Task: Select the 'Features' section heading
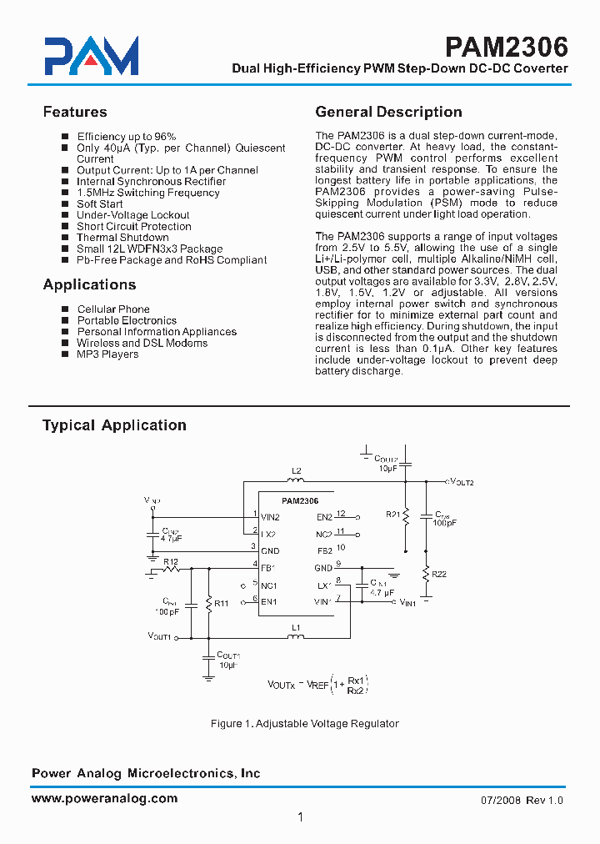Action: coord(75,112)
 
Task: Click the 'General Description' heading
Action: coord(388,112)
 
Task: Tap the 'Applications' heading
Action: coord(89,284)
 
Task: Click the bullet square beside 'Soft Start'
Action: coord(64,204)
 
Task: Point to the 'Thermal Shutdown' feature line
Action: coord(122,238)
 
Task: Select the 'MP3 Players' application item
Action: coord(107,354)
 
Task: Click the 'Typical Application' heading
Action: coord(114,425)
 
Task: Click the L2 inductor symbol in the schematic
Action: coord(296,480)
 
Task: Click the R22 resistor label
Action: coord(439,575)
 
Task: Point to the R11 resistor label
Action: coord(222,603)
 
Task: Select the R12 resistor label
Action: coord(170,560)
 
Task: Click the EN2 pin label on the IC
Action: coord(324,518)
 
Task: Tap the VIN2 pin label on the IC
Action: coord(270,518)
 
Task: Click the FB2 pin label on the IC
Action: coord(324,550)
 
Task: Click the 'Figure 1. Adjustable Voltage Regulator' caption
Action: coord(304,724)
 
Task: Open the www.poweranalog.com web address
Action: coord(104,798)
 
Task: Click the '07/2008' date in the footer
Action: coord(500,801)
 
